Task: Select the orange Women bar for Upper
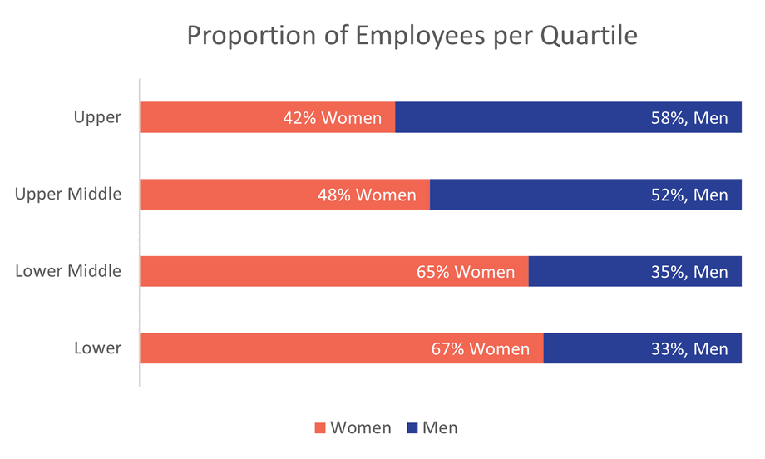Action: click(x=208, y=117)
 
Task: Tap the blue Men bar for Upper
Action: click(x=516, y=117)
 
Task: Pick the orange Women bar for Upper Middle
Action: click(x=225, y=195)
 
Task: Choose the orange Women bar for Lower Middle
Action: click(x=274, y=272)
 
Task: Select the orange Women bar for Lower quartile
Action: click(x=283, y=348)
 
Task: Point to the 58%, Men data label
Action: click(x=688, y=118)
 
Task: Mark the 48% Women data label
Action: click(x=367, y=195)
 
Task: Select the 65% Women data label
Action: click(x=466, y=272)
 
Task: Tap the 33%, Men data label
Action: click(x=688, y=349)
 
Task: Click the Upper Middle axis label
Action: click(x=68, y=195)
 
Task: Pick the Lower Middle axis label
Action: click(x=68, y=271)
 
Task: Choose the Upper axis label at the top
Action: click(x=97, y=117)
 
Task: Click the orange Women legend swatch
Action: click(x=320, y=428)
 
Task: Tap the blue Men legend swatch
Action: click(x=412, y=428)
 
